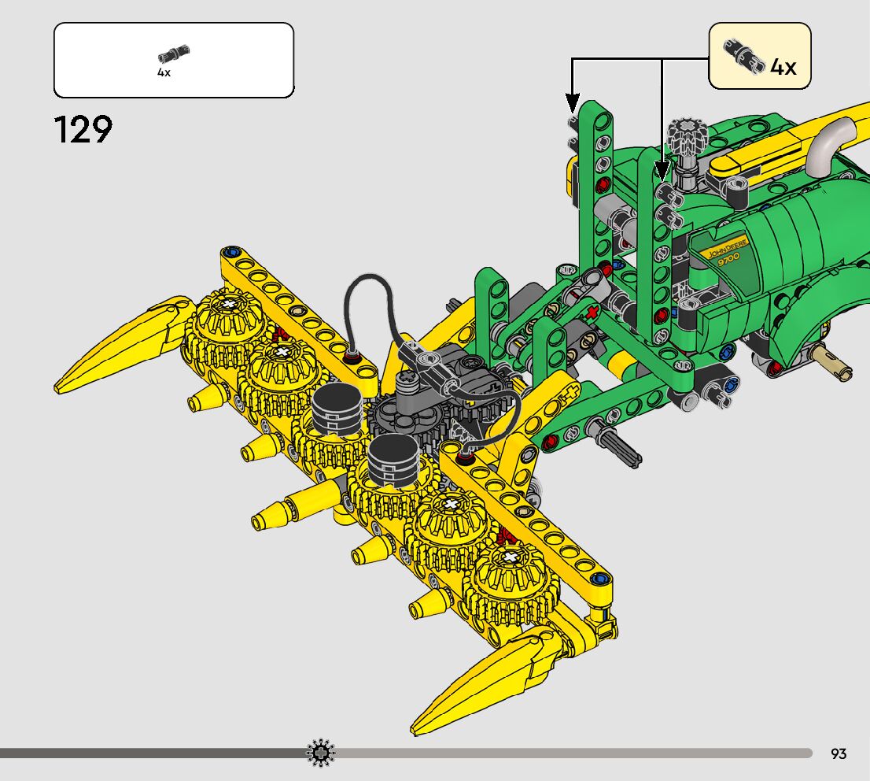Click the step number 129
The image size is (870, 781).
pyautogui.click(x=83, y=129)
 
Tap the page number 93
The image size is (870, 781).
pyautogui.click(x=839, y=753)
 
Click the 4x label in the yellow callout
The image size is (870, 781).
pyautogui.click(x=783, y=67)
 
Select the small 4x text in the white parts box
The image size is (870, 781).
pyautogui.click(x=164, y=72)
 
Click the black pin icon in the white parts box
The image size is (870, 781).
pyautogui.click(x=173, y=54)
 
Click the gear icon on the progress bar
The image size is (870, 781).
pyautogui.click(x=321, y=753)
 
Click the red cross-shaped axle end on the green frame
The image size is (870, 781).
pyautogui.click(x=592, y=312)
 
